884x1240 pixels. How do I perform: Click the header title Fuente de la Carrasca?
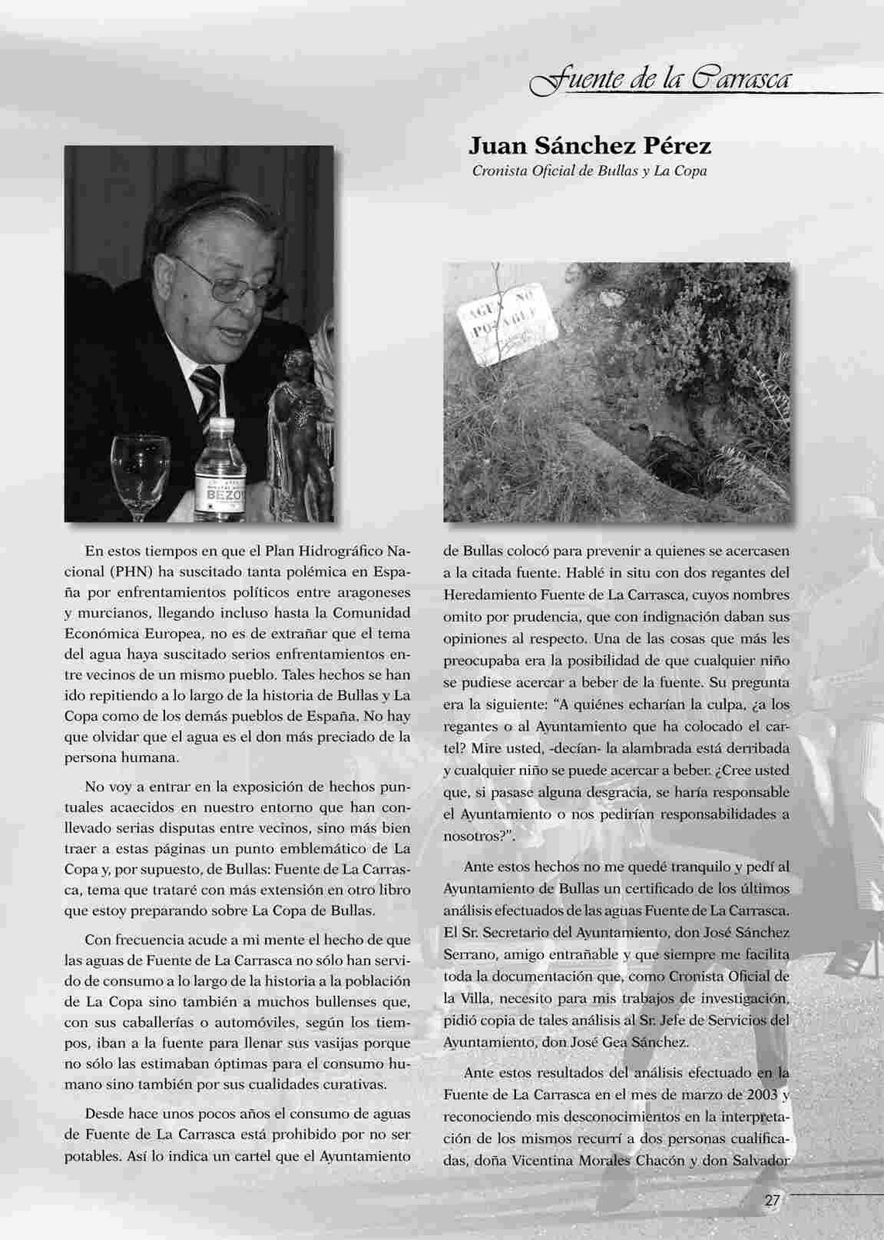coord(658,79)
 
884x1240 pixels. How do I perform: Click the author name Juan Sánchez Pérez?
coord(590,146)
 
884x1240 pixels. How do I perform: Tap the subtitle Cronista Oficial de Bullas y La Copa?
coord(590,170)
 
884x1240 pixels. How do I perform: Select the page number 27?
coord(772,1200)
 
